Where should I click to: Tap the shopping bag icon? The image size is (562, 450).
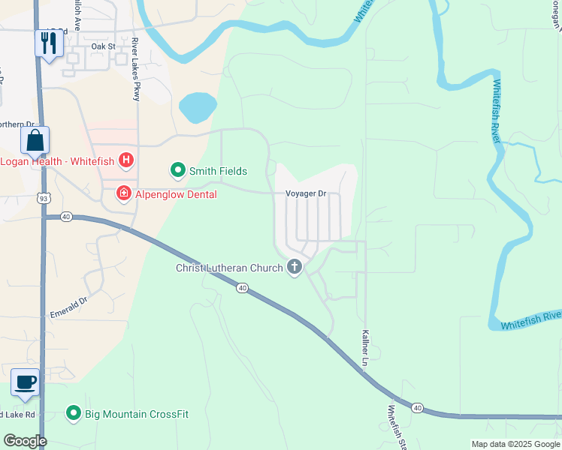pyautogui.click(x=35, y=139)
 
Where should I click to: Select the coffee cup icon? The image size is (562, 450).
pyautogui.click(x=25, y=382)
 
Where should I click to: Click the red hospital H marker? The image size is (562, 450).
pyautogui.click(x=127, y=160)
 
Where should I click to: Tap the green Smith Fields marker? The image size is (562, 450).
pyautogui.click(x=178, y=171)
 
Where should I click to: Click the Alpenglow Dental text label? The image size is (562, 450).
pyautogui.click(x=176, y=195)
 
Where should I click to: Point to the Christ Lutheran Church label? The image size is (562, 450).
pyautogui.click(x=229, y=268)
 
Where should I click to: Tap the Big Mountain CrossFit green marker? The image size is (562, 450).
pyautogui.click(x=74, y=413)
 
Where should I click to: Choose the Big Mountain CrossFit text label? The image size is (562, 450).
pyautogui.click(x=137, y=414)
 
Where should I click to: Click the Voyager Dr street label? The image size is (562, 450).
pyautogui.click(x=306, y=193)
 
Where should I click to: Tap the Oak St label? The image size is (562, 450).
pyautogui.click(x=103, y=46)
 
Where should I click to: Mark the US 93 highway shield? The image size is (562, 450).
pyautogui.click(x=45, y=197)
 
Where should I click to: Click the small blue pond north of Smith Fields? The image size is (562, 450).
pyautogui.click(x=198, y=107)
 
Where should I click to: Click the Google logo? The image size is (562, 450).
pyautogui.click(x=25, y=441)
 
